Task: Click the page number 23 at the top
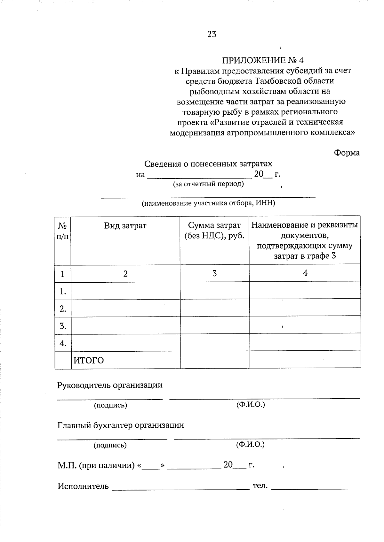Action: click(x=212, y=34)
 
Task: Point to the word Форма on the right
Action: click(x=347, y=153)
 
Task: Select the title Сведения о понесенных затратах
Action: click(x=208, y=164)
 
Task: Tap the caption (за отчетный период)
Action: click(x=208, y=184)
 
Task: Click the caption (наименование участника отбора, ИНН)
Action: click(x=208, y=203)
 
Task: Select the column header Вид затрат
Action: click(x=125, y=225)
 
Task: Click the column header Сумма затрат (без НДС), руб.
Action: click(x=214, y=231)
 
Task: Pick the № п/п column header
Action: click(x=63, y=231)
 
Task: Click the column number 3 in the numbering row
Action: click(x=214, y=273)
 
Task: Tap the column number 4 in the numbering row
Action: click(x=305, y=273)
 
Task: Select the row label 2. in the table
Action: click(x=63, y=309)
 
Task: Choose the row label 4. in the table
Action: click(x=63, y=343)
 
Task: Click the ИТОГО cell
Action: click(x=89, y=360)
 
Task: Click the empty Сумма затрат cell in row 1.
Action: click(x=214, y=291)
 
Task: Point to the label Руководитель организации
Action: click(x=110, y=385)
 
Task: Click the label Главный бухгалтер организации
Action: click(x=121, y=425)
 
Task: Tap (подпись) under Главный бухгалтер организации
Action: click(x=110, y=445)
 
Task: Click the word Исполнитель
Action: click(x=83, y=486)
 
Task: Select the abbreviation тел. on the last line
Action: click(x=260, y=486)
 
